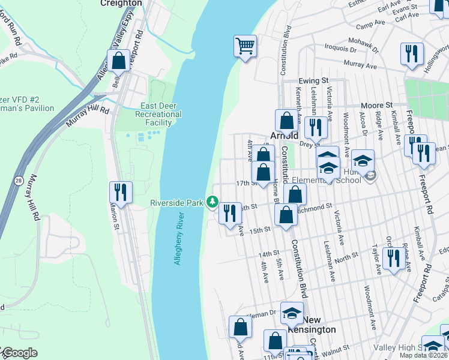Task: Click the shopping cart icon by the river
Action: pos(245,46)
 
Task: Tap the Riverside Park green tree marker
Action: pos(212,202)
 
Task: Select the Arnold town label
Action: pos(285,136)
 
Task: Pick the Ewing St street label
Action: pos(314,80)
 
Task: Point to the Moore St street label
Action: pos(376,105)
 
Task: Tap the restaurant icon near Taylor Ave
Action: pos(393,259)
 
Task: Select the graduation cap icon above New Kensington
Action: pos(292,313)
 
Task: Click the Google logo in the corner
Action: pos(19,353)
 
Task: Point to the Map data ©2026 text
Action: pos(423,355)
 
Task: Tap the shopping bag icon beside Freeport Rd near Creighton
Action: pos(118,61)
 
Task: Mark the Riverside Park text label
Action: pos(177,203)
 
